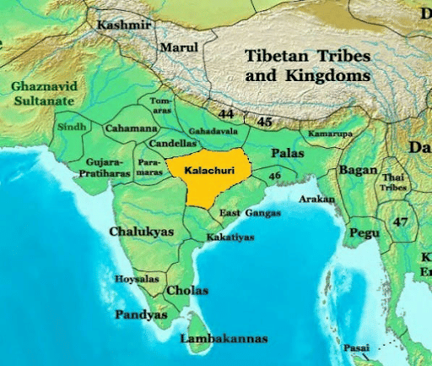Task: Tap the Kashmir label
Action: click(124, 25)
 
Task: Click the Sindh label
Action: click(72, 127)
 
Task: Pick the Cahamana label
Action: click(131, 128)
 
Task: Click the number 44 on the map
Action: click(226, 113)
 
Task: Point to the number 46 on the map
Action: click(274, 175)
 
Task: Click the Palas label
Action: click(288, 153)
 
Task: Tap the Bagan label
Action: click(358, 170)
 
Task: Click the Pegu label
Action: click(364, 231)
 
